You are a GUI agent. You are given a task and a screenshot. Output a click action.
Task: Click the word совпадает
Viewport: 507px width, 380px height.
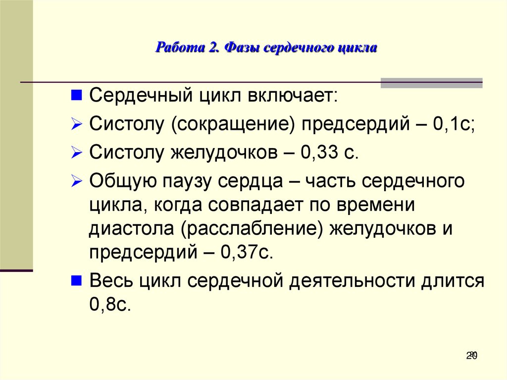click(255, 205)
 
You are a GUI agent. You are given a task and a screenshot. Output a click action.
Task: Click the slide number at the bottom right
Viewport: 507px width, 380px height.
click(471, 355)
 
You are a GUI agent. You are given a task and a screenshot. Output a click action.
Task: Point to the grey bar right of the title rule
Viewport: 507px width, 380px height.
click(431, 83)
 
